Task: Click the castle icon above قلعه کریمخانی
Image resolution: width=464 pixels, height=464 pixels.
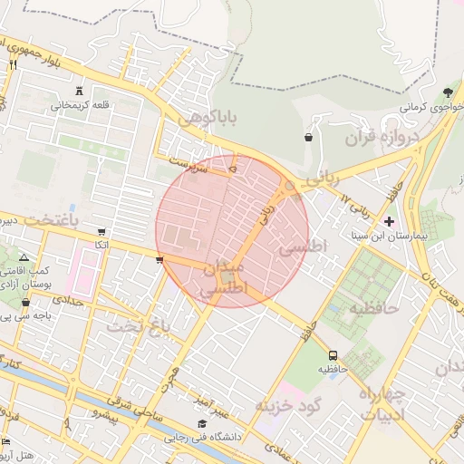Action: pos(81,91)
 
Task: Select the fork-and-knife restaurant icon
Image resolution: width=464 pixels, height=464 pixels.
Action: pos(13,65)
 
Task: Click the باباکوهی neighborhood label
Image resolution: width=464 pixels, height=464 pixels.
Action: pos(208,119)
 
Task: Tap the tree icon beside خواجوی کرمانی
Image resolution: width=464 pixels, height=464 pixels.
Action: pos(448,92)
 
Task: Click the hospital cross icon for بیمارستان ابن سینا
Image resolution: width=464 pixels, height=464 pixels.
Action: pos(390,221)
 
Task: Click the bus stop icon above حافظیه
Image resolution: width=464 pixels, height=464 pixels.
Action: pos(333,355)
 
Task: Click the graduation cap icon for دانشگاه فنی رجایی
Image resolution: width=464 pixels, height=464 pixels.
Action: pos(202,424)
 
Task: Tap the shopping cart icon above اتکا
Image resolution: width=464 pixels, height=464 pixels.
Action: pos(101,231)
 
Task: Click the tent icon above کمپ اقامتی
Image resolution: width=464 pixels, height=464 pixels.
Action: pos(24,257)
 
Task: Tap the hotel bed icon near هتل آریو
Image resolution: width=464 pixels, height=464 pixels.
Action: pos(6,441)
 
